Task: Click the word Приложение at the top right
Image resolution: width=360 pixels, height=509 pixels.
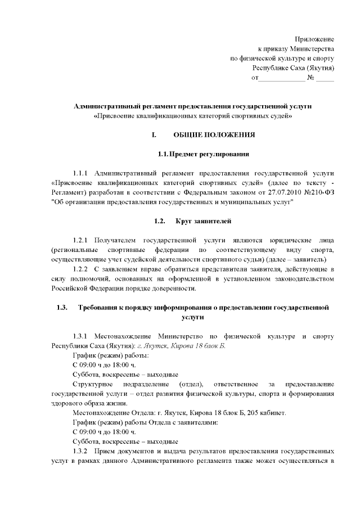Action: [314, 39]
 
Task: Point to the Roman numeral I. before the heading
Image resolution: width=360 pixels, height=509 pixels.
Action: [154, 135]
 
